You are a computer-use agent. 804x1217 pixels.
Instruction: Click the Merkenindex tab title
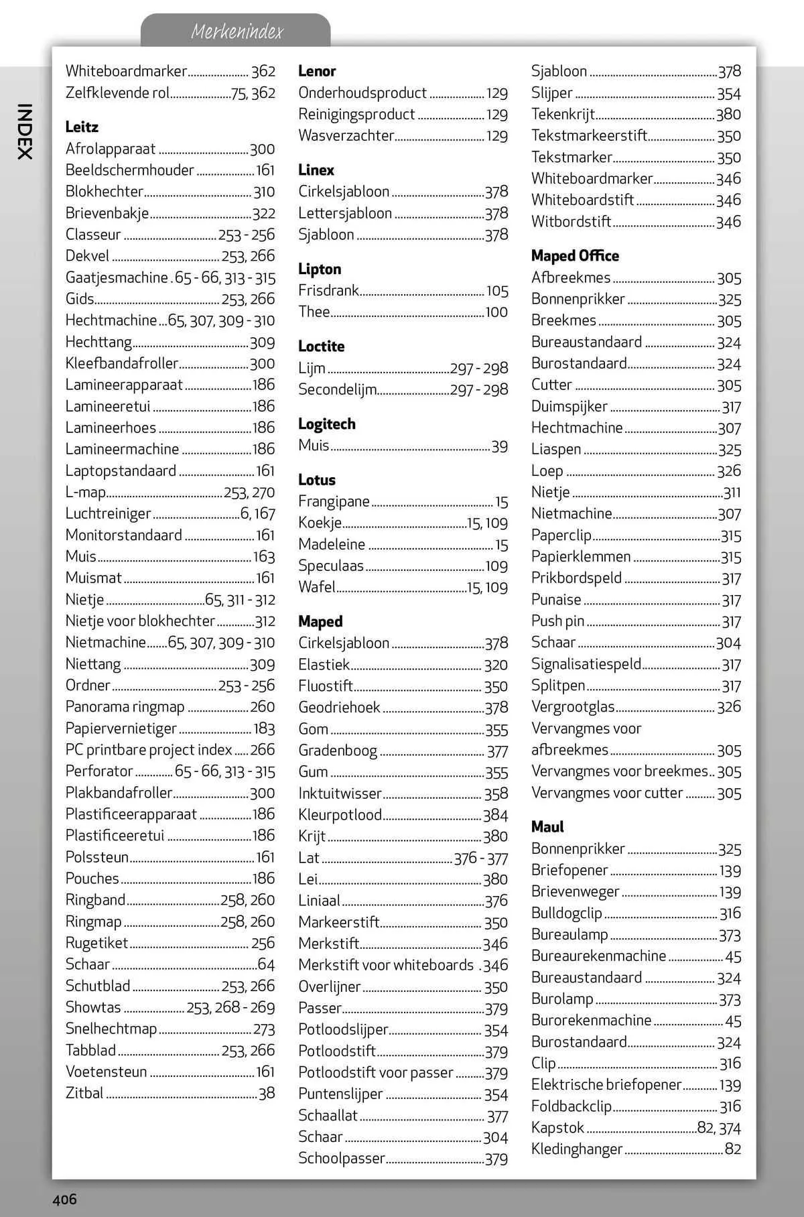tap(237, 31)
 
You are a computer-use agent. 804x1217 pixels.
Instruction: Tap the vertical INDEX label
tap(24, 131)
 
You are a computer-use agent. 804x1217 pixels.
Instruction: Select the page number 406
tap(65, 1199)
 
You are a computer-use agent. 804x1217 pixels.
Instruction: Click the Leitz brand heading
tap(82, 127)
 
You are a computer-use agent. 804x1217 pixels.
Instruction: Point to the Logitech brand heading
tap(326, 424)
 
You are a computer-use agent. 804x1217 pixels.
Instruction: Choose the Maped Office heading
tap(574, 255)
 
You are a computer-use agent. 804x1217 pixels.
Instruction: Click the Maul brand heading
tap(547, 826)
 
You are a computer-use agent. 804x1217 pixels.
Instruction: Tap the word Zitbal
tap(84, 1093)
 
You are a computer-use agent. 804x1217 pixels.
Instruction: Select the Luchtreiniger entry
tap(108, 513)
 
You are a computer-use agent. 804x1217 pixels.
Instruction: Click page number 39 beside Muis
tap(499, 446)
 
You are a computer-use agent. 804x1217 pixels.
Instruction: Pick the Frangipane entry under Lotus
tap(334, 501)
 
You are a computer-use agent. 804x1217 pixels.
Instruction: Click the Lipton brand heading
tap(319, 269)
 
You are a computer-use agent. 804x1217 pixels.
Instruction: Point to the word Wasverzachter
tap(346, 135)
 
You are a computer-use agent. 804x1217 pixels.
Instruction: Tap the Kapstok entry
tap(557, 1127)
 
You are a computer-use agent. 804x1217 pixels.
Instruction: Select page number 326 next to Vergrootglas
tap(728, 706)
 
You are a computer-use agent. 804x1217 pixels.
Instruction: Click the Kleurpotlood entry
tap(340, 815)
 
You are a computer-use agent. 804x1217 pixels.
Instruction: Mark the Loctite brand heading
tap(321, 346)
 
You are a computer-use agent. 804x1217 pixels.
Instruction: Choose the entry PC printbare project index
tap(148, 749)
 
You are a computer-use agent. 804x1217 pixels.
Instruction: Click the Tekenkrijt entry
tap(563, 114)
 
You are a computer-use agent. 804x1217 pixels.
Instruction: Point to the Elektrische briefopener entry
tap(606, 1084)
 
